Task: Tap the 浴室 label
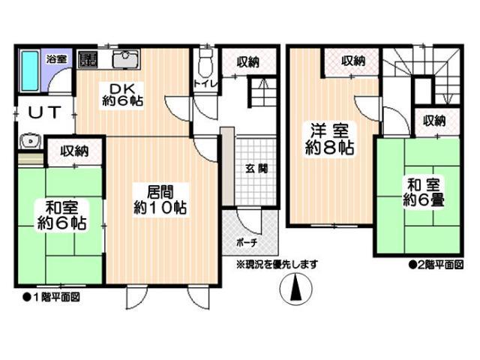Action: [57, 58]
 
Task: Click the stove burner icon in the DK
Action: [88, 59]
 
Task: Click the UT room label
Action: [42, 113]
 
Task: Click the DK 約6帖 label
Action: [123, 92]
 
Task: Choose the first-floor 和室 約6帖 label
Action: [61, 214]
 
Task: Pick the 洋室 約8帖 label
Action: [328, 139]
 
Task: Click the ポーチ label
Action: [246, 242]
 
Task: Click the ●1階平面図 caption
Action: [51, 296]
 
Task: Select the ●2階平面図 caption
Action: [435, 264]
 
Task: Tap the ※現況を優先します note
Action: [277, 264]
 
